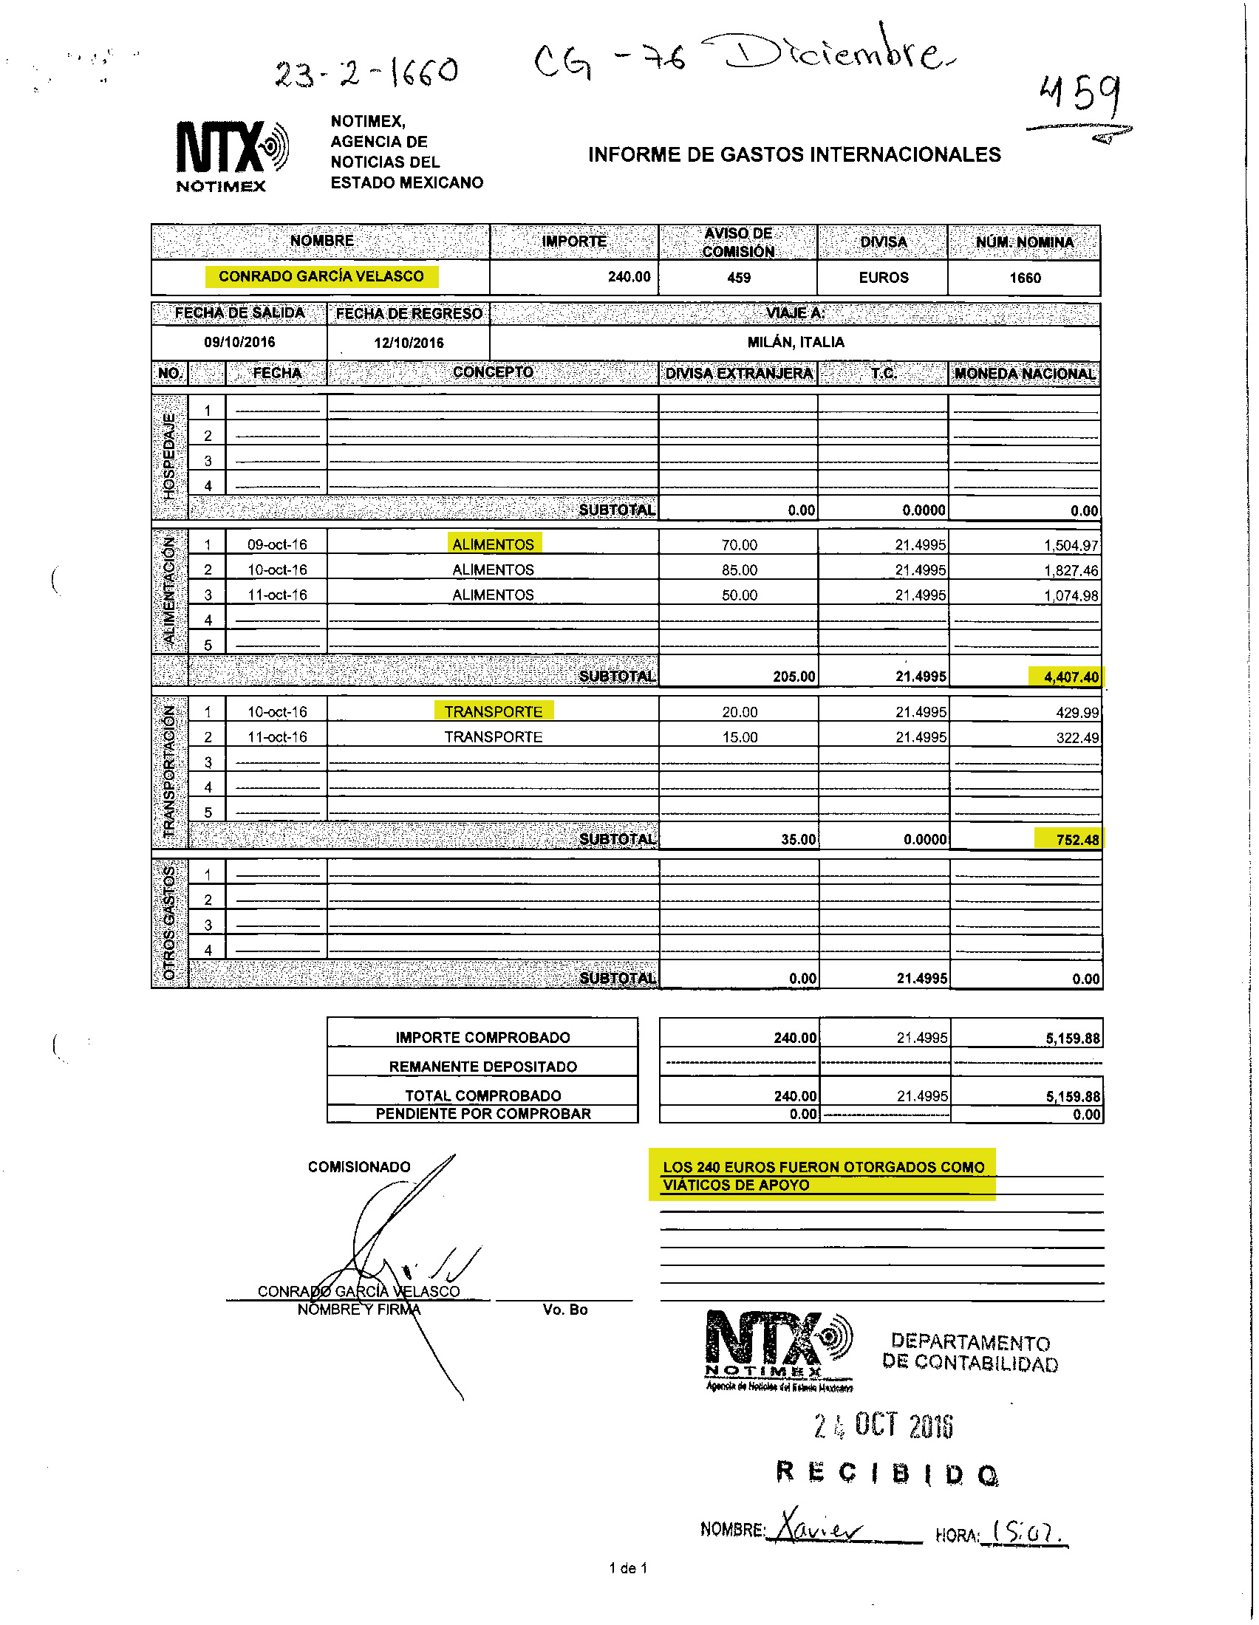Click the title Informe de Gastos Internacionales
click(x=794, y=155)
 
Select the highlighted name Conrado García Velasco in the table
click(x=321, y=276)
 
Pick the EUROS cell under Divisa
click(x=883, y=278)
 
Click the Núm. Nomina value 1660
click(x=1025, y=278)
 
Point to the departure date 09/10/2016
click(x=239, y=342)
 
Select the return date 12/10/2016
click(x=409, y=343)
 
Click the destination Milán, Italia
click(x=796, y=342)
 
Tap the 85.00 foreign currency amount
click(x=739, y=570)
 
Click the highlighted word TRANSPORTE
click(x=494, y=712)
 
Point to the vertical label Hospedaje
click(x=170, y=455)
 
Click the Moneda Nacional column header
click(x=1025, y=374)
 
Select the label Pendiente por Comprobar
click(x=483, y=1114)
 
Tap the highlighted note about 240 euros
click(x=823, y=1176)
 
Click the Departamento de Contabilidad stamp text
click(x=969, y=1352)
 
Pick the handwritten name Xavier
click(x=819, y=1528)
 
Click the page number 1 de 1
click(x=628, y=1568)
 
